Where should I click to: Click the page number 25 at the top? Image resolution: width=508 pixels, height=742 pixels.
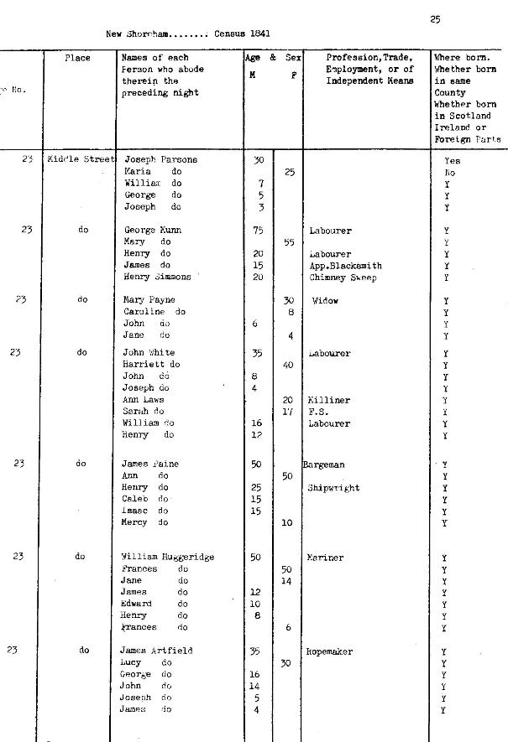pyautogui.click(x=435, y=19)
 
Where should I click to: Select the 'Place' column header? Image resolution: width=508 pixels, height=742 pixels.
pyautogui.click(x=77, y=58)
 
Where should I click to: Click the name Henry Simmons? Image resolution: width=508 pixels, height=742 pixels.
pyautogui.click(x=157, y=277)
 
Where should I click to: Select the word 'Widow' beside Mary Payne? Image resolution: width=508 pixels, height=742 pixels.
pyautogui.click(x=325, y=300)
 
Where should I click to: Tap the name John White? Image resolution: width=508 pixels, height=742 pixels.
pyautogui.click(x=149, y=353)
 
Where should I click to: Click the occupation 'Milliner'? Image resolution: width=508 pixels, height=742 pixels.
pyautogui.click(x=328, y=400)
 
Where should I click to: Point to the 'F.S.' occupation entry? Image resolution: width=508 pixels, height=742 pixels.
pyautogui.click(x=317, y=412)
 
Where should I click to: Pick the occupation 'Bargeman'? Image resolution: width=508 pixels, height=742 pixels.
pyautogui.click(x=324, y=464)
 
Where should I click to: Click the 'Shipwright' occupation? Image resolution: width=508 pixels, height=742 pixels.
pyautogui.click(x=333, y=487)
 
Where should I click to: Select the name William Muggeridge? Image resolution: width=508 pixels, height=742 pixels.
pyautogui.click(x=167, y=557)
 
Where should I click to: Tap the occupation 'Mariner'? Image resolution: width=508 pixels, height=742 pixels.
pyautogui.click(x=325, y=557)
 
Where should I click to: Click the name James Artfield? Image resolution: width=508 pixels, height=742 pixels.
pyautogui.click(x=156, y=651)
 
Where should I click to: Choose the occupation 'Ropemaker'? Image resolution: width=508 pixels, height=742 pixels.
pyautogui.click(x=329, y=651)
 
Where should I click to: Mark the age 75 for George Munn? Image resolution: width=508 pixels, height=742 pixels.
pyautogui.click(x=258, y=230)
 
